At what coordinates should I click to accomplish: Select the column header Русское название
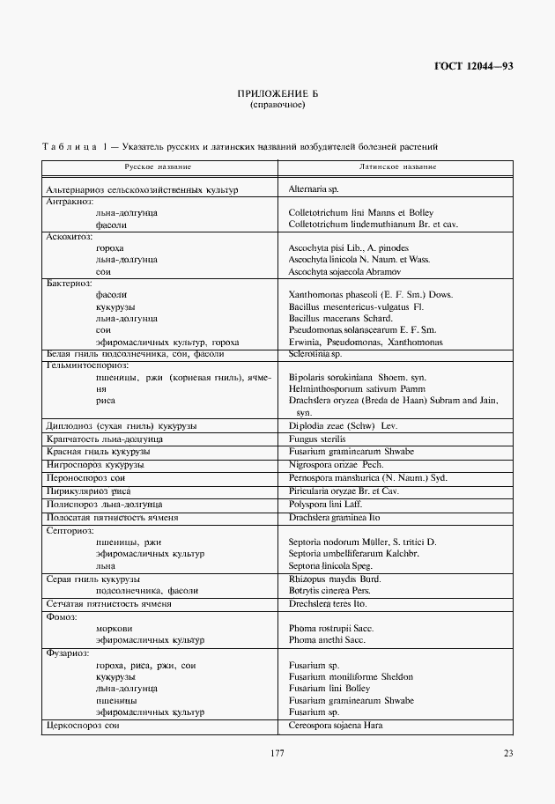[159, 166]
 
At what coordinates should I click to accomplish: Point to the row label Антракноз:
[69, 201]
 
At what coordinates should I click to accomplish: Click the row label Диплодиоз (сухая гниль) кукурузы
[121, 425]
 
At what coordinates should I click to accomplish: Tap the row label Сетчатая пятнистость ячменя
[108, 604]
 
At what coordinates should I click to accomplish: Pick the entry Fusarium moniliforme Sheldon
[351, 676]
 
